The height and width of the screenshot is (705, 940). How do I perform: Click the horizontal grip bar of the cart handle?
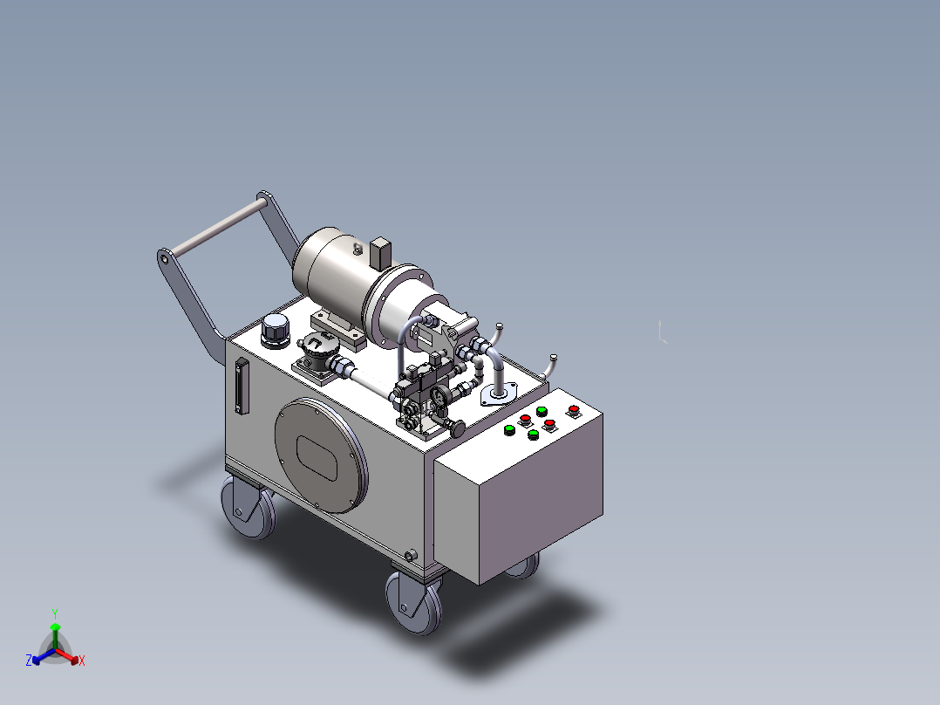pyautogui.click(x=220, y=227)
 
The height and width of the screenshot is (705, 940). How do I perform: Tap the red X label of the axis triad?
pyautogui.click(x=82, y=661)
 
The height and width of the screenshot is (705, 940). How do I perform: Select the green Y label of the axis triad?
pyautogui.click(x=55, y=613)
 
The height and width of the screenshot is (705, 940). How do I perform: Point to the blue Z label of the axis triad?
pyautogui.click(x=29, y=661)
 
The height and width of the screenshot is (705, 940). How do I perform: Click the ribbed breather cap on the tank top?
pyautogui.click(x=276, y=331)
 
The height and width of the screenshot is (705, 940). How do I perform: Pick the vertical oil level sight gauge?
pyautogui.click(x=242, y=386)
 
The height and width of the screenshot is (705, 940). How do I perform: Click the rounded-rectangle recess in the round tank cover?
pyautogui.click(x=317, y=458)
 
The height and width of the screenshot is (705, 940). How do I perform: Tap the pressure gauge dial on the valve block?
pyautogui.click(x=441, y=395)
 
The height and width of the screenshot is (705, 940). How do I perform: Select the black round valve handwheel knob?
pyautogui.click(x=458, y=428)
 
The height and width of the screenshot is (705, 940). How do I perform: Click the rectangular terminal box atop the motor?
pyautogui.click(x=381, y=253)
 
